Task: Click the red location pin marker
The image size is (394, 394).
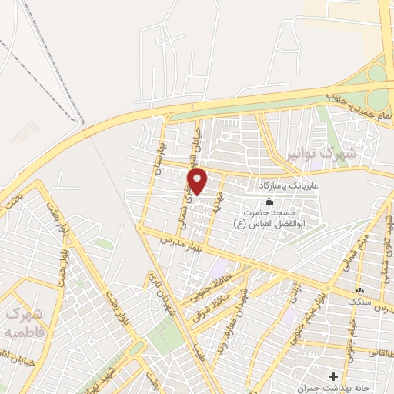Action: (x=199, y=182)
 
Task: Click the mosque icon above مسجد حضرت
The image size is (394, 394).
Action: (x=268, y=201)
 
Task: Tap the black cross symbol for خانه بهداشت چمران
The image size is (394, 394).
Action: (x=333, y=376)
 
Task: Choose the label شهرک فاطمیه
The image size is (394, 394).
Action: (x=23, y=324)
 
